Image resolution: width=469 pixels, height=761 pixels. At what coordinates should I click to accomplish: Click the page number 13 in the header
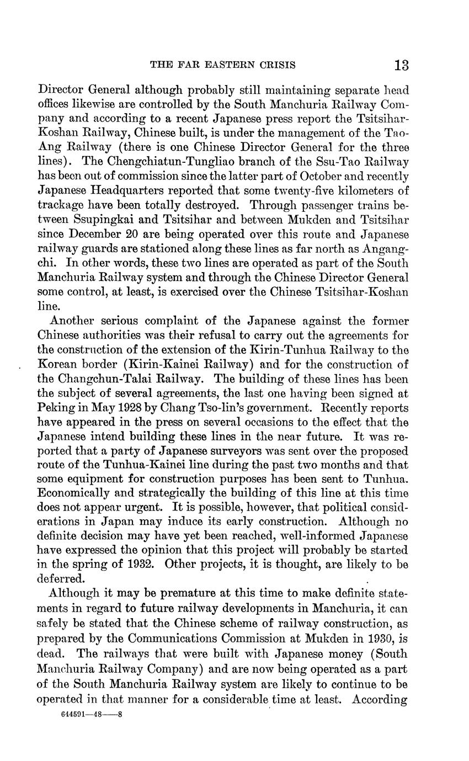[401, 65]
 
